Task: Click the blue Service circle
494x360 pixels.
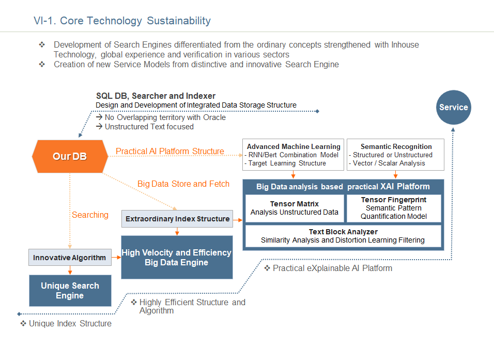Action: (453, 108)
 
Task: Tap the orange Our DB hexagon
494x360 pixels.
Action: (70, 156)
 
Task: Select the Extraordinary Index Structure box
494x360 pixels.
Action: (177, 219)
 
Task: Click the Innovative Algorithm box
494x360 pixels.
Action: (70, 257)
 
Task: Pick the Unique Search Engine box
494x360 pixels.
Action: (70, 290)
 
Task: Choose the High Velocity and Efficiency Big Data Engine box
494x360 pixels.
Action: (177, 257)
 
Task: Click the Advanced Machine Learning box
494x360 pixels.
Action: (293, 155)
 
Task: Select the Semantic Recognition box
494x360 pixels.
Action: (395, 155)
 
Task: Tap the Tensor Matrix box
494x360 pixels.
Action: (295, 208)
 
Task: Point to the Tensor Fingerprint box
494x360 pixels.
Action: (394, 208)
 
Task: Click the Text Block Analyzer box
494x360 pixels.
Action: (343, 236)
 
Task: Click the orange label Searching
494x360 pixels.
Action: (90, 215)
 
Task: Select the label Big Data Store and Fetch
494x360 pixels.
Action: (183, 184)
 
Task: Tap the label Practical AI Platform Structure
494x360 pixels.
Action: (170, 152)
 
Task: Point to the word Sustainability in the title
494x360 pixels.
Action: (179, 21)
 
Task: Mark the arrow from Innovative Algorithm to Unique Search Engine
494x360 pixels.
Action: (70, 270)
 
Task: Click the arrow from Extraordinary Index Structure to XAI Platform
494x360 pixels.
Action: (238, 220)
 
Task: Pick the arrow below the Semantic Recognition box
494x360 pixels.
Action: (395, 175)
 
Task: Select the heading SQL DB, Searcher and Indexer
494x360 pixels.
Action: (156, 96)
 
